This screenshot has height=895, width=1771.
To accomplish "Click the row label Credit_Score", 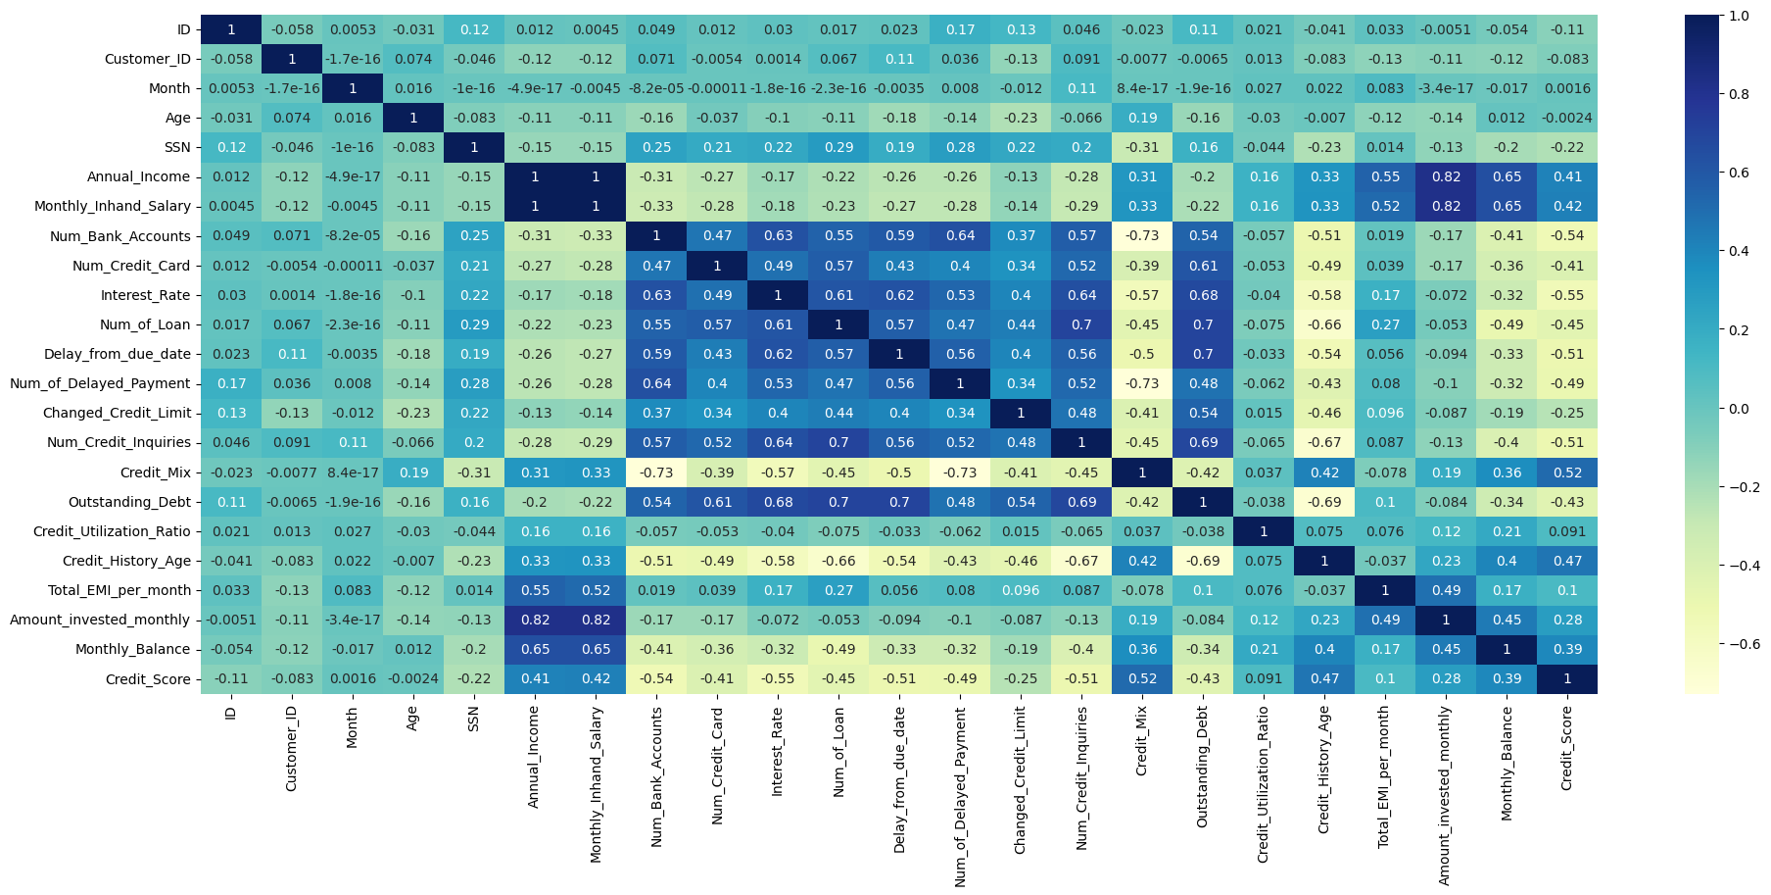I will click(x=148, y=679).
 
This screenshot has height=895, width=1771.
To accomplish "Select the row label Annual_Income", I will click(x=138, y=177).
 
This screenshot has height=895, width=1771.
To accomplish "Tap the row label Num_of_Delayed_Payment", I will click(x=100, y=383).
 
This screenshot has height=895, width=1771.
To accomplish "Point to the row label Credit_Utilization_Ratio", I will click(x=112, y=531).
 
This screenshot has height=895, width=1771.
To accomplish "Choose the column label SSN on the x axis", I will click(x=474, y=720).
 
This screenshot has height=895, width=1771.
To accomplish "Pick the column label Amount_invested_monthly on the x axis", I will click(x=1446, y=794).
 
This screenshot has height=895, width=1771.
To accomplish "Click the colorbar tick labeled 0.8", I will click(x=1740, y=94).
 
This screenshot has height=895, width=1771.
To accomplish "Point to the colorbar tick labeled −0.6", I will click(x=1744, y=644).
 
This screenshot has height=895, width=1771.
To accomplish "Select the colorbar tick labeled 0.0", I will click(x=1740, y=409).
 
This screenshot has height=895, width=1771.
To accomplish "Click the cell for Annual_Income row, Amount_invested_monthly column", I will click(x=1446, y=177).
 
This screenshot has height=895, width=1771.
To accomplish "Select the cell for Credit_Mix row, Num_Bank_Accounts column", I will click(x=656, y=472).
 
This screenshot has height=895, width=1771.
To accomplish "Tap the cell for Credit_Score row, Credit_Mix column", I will click(x=1142, y=679).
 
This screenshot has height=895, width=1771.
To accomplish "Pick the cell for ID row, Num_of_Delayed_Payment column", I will click(x=960, y=29).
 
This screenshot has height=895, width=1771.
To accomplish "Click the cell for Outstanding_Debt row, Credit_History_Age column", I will click(x=1324, y=502).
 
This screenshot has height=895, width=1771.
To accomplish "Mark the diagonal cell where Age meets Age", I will click(x=413, y=118).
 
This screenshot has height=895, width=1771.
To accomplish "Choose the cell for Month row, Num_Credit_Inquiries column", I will click(x=1081, y=88).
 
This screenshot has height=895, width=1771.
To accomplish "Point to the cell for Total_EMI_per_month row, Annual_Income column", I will click(x=535, y=590).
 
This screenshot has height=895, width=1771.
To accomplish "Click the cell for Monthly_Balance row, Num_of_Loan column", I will click(x=838, y=649).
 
